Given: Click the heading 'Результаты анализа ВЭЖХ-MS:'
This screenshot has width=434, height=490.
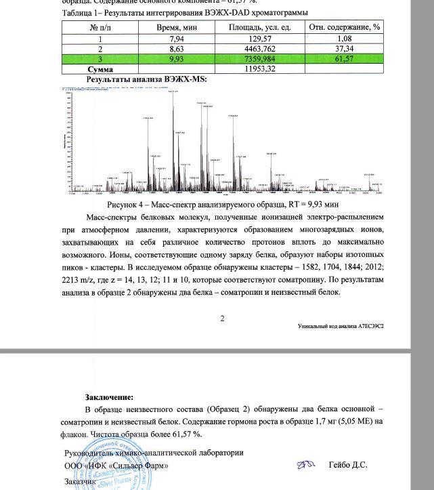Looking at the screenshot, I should coord(137,79).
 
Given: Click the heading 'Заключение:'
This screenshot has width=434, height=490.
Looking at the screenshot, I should coord(109,397).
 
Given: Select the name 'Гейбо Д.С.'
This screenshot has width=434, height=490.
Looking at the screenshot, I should coord(347,465).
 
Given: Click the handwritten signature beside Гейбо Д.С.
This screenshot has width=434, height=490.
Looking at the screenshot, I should coord(305,465).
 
